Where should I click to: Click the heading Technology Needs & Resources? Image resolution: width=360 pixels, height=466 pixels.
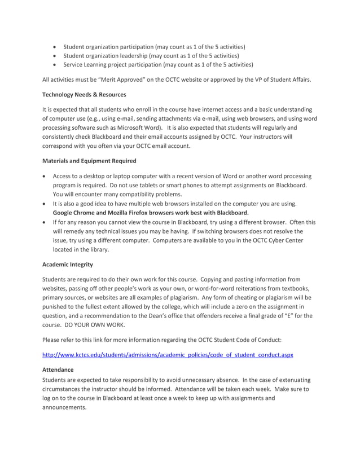pos(84,94)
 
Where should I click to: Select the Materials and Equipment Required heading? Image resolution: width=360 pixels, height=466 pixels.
pos(89,161)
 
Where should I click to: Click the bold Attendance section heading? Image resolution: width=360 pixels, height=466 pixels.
pos(58,370)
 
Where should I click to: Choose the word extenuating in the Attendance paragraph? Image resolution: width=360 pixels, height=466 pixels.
pos(292,380)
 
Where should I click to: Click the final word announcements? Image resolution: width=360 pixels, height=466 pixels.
pos(64,407)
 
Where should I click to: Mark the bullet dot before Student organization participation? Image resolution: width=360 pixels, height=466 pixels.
pos(54,46)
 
